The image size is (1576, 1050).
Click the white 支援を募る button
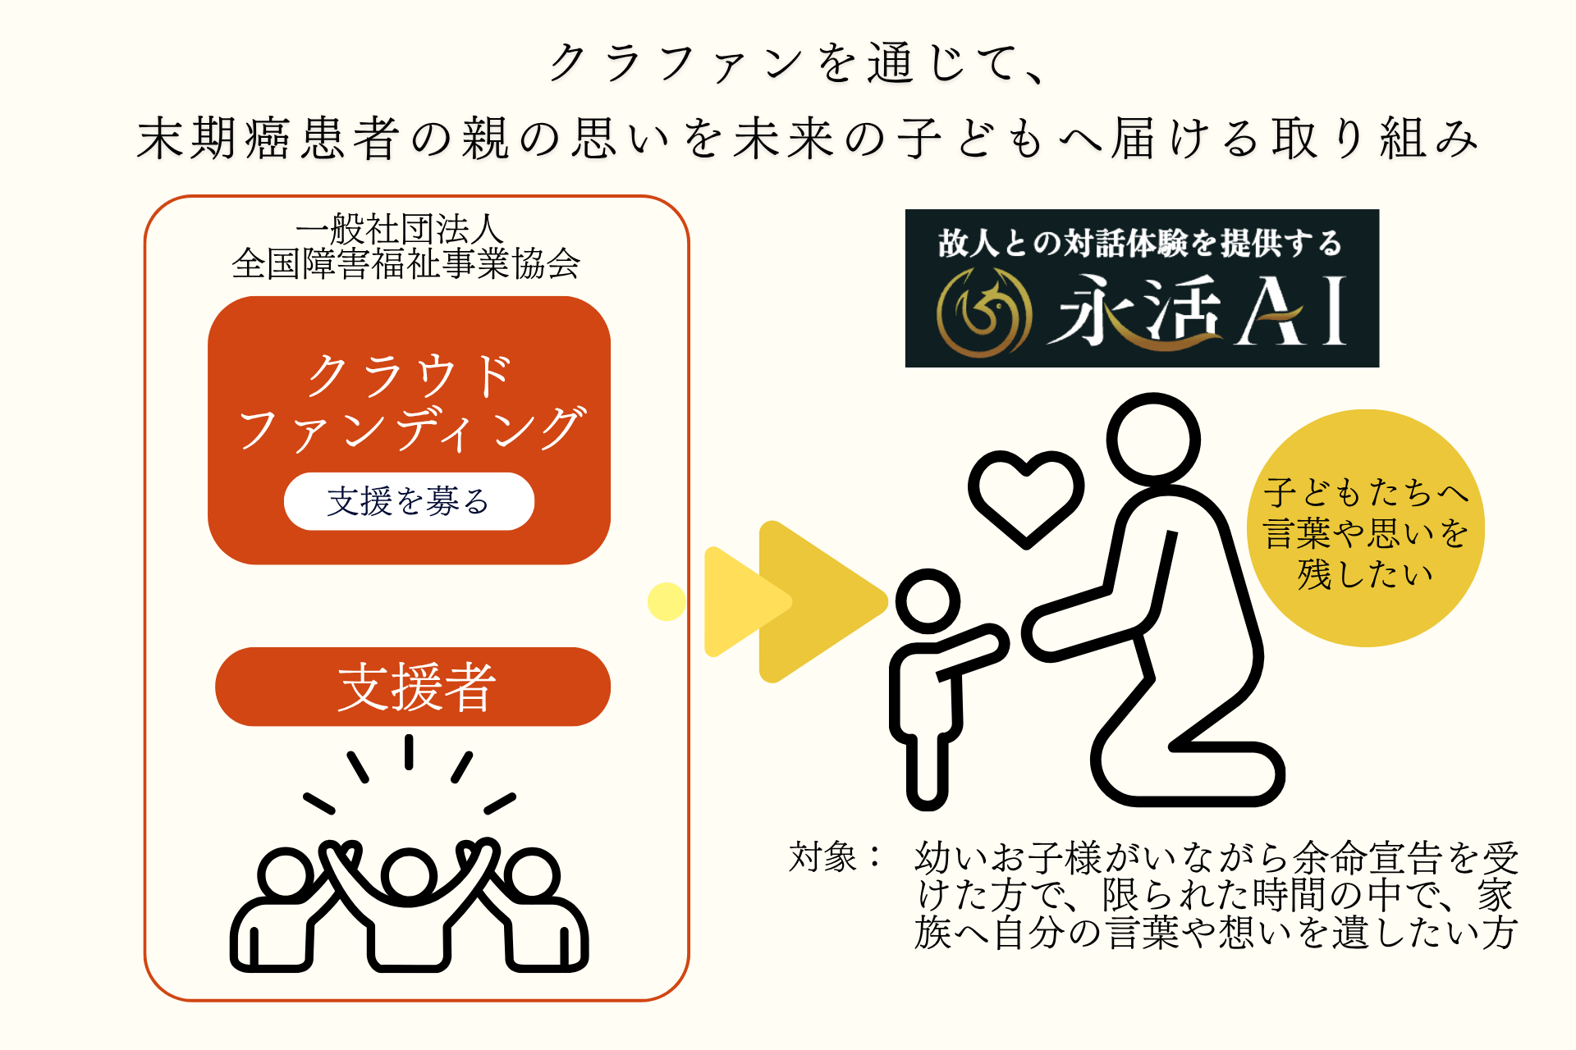point(409,501)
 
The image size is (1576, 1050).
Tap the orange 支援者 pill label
point(413,687)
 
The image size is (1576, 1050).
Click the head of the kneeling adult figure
point(1153,439)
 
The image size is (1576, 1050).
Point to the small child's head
point(928,601)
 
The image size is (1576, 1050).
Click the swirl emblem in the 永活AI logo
point(984,313)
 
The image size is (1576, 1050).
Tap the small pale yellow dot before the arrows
point(667,601)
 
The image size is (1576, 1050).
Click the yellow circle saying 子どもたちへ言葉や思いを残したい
point(1366,528)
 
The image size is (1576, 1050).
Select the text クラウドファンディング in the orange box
point(410,402)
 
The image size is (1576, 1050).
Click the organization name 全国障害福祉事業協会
point(406,263)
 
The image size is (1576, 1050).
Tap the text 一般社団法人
point(400,229)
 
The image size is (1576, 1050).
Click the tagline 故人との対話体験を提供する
point(1140,243)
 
